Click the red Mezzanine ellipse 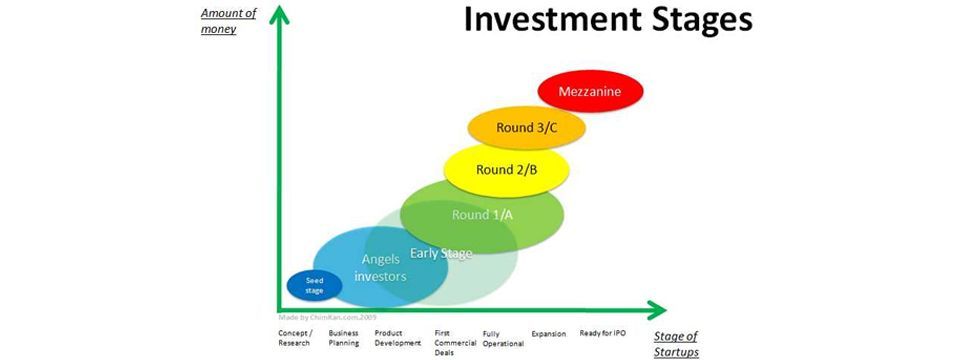tap(590, 92)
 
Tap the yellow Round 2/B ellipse tap(506, 169)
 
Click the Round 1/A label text tap(483, 214)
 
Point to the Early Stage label tap(441, 254)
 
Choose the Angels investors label tap(383, 267)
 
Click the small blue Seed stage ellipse tap(314, 287)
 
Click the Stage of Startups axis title tap(676, 343)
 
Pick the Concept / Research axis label tap(295, 337)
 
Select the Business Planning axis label tap(343, 337)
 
